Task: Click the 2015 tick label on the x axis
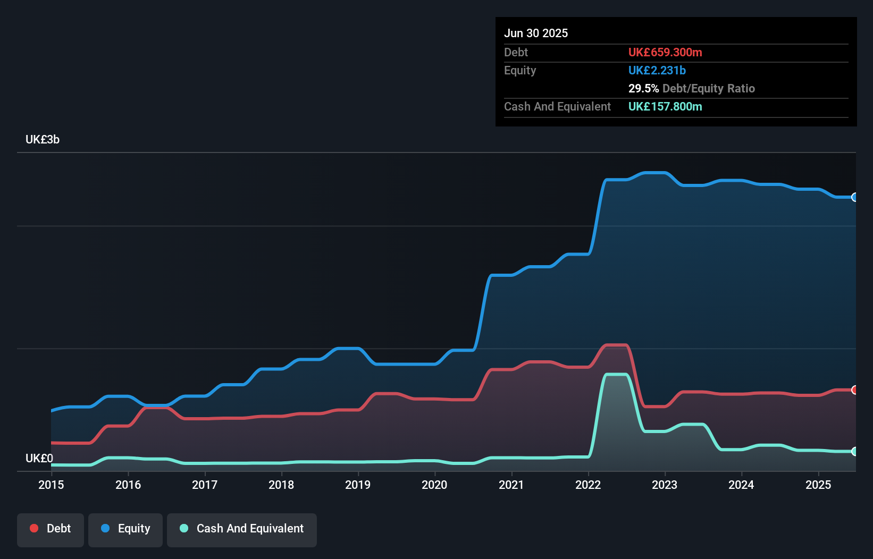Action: coord(51,485)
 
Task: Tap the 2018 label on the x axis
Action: coord(281,485)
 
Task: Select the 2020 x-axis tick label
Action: coord(434,485)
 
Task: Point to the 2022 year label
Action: coord(588,485)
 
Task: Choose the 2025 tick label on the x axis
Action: coord(818,485)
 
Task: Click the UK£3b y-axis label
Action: coord(43,140)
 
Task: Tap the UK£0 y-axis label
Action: coord(39,458)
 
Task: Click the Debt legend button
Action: coord(51,529)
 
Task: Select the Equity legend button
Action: coord(125,529)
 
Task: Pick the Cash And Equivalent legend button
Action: coord(242,529)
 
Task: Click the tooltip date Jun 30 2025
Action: coord(536,33)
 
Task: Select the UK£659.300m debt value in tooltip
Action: coord(665,52)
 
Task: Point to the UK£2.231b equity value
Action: coord(657,70)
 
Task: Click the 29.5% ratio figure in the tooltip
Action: coord(643,88)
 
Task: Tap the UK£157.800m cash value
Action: coord(665,106)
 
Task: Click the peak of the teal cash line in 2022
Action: coord(617,375)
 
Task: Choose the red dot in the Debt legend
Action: coord(34,528)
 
